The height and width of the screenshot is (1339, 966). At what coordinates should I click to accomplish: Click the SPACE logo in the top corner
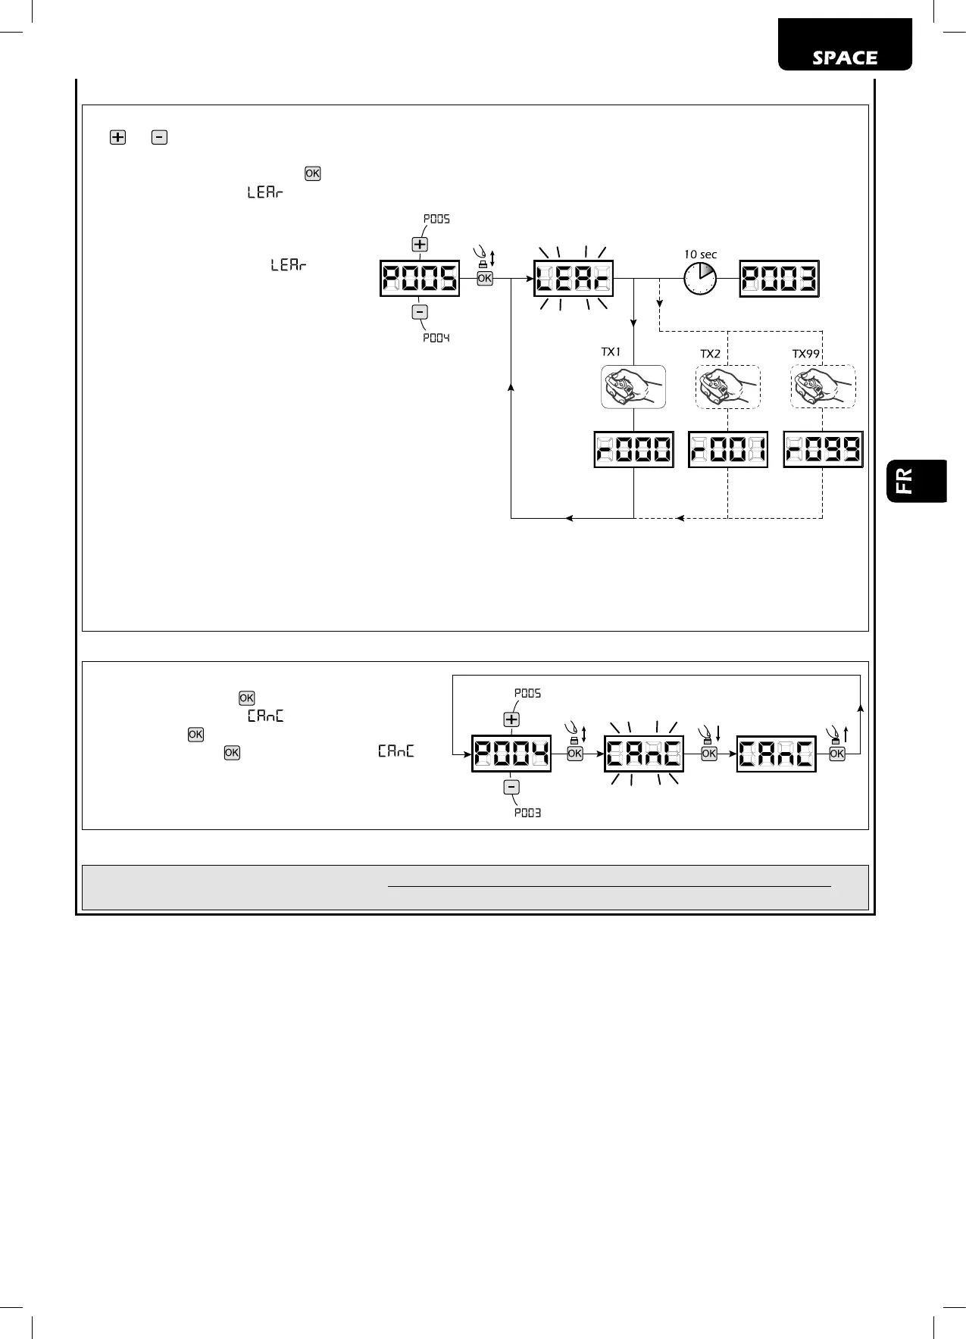845,58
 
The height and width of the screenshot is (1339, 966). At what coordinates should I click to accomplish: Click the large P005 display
420,279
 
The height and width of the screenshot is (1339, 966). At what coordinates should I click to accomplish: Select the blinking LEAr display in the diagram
574,279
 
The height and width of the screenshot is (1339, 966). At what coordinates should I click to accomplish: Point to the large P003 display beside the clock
779,279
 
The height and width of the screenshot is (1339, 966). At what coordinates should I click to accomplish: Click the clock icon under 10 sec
700,279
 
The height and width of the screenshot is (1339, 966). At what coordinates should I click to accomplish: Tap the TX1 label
611,352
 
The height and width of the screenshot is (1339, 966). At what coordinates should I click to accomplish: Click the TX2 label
710,354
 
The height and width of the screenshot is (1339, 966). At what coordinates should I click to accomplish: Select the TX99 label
807,354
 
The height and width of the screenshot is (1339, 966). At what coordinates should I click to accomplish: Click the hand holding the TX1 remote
633,387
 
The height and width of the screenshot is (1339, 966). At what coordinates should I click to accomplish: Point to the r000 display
633,449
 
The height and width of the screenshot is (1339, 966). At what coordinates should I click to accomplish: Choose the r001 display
727,449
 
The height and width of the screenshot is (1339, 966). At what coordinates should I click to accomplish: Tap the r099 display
823,449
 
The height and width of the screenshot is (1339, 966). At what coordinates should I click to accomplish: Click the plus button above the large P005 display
420,245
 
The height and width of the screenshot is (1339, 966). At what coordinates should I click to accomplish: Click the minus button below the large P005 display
420,312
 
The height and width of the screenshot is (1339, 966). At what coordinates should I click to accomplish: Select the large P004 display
511,754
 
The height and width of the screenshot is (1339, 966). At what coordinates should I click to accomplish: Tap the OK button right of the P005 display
485,279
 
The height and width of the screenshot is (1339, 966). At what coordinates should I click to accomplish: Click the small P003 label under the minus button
527,813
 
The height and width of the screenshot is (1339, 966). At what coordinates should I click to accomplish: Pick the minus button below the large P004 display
511,788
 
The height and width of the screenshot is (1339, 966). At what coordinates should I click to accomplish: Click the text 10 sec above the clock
700,254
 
